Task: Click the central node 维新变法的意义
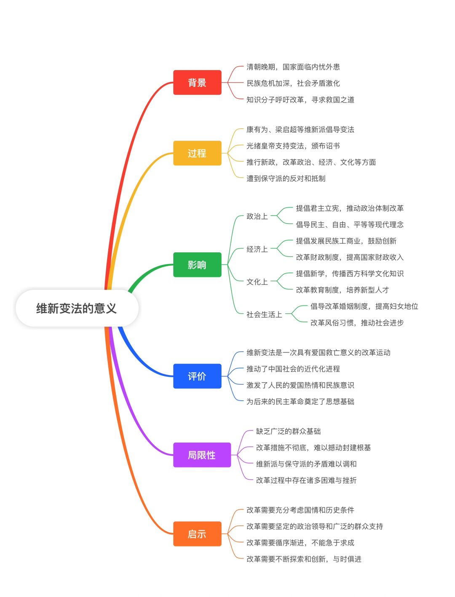tap(77, 308)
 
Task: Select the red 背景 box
tap(197, 83)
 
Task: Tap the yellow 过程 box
tap(197, 153)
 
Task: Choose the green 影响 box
tap(197, 265)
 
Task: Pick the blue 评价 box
tap(197, 376)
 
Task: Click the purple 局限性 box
tap(202, 455)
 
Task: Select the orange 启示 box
tap(197, 534)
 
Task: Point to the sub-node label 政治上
tap(257, 216)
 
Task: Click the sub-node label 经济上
tap(257, 249)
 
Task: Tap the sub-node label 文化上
tap(257, 282)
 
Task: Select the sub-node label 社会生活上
tap(264, 314)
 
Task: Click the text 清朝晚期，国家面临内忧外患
tap(293, 67)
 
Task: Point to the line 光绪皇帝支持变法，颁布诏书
tap(293, 146)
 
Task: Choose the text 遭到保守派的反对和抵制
tap(286, 178)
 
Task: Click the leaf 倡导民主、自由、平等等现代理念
tap(350, 224)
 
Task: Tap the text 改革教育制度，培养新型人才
tap(343, 290)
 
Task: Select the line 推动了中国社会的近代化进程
tap(293, 369)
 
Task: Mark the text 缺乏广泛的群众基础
tap(289, 431)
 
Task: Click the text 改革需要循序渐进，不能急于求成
tap(300, 543)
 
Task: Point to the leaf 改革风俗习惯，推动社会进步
tap(357, 323)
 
